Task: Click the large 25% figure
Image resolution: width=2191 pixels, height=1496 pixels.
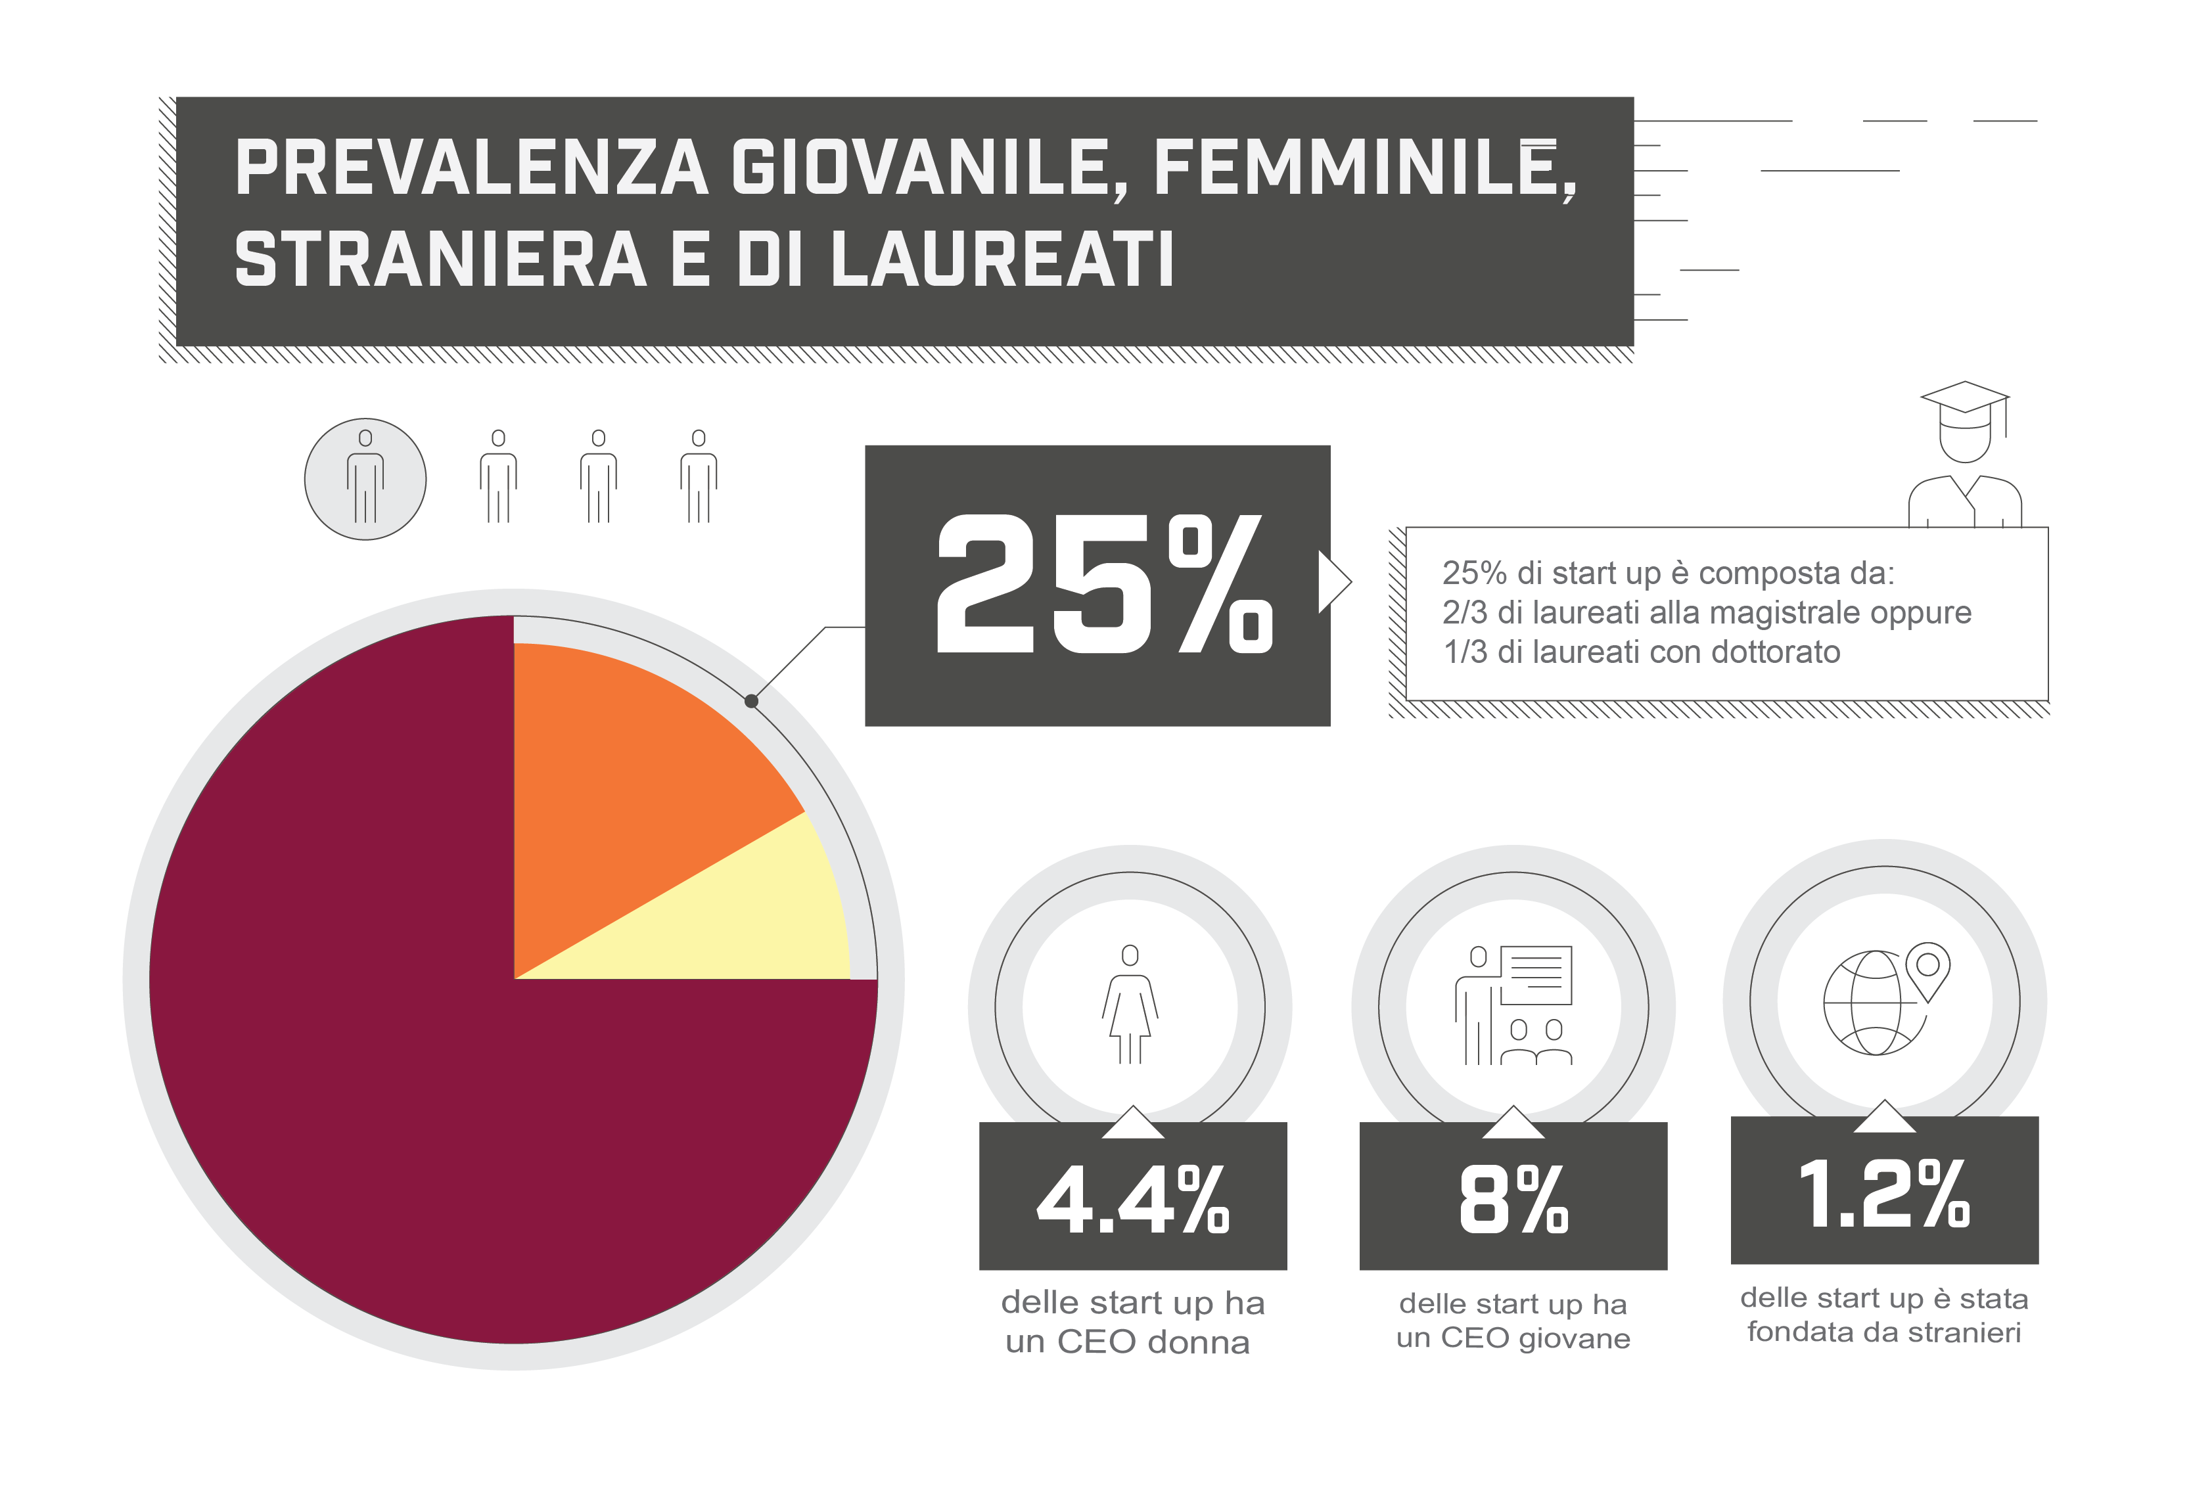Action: pyautogui.click(x=1103, y=585)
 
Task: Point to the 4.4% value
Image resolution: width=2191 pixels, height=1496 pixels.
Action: pyautogui.click(x=1132, y=1199)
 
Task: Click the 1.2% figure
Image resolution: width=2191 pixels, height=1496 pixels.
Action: pyautogui.click(x=1883, y=1193)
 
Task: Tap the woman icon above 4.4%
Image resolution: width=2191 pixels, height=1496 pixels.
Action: pyautogui.click(x=1130, y=1003)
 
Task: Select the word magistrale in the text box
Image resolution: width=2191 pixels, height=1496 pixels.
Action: pyautogui.click(x=1785, y=613)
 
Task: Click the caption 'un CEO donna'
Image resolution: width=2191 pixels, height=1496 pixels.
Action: pyautogui.click(x=1128, y=1342)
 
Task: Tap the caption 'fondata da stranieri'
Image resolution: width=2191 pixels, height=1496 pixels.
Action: pyautogui.click(x=1883, y=1332)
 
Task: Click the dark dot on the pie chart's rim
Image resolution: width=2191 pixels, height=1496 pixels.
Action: pyautogui.click(x=751, y=701)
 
